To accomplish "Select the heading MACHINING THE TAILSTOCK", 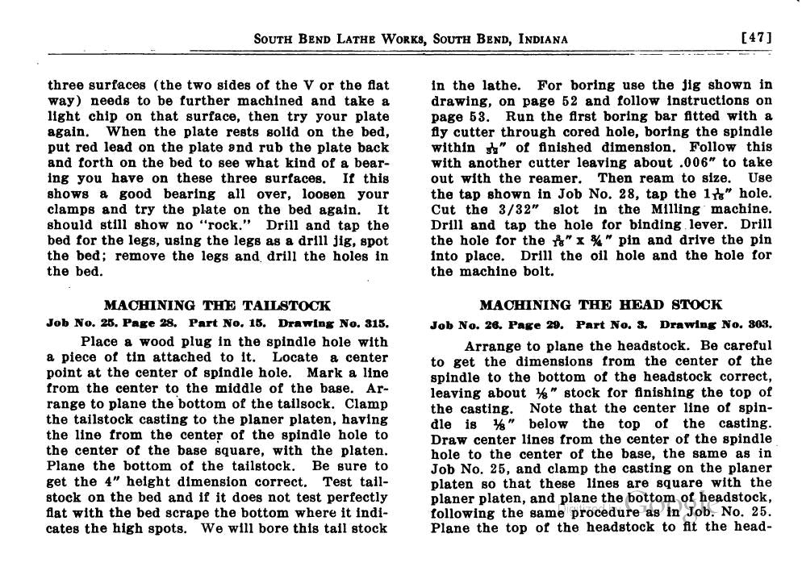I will point(217,306).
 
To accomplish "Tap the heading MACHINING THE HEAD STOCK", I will point(601,305).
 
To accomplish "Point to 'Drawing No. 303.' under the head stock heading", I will point(716,325).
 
